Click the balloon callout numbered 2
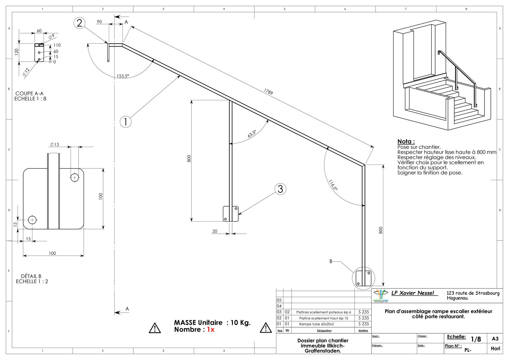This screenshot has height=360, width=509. (79, 23)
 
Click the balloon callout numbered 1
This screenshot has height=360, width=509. (126, 122)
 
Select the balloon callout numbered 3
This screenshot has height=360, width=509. (280, 189)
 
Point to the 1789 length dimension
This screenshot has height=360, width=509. (268, 92)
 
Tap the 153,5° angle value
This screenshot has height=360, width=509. (122, 76)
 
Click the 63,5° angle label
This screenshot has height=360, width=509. (252, 134)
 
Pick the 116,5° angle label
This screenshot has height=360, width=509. (333, 185)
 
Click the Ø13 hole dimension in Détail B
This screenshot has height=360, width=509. (54, 145)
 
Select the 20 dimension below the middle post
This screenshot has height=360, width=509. (215, 231)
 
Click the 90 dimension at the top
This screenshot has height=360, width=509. (99, 22)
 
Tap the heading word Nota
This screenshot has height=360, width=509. (406, 141)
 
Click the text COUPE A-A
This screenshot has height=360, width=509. (29, 93)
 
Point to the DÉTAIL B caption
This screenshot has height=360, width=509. (31, 276)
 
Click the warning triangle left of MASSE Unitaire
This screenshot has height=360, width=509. (155, 328)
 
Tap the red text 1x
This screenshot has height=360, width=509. (211, 329)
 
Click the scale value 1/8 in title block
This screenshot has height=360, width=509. (476, 339)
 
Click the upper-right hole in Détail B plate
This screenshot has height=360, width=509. (75, 177)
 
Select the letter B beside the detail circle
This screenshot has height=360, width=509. (331, 261)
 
